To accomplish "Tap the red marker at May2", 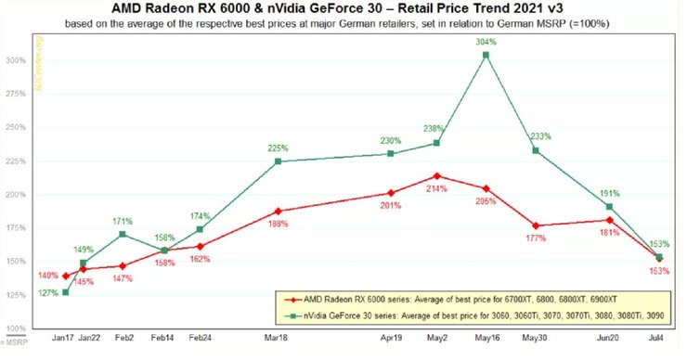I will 437,175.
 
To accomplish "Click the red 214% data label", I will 437,188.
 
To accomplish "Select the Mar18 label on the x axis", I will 279,341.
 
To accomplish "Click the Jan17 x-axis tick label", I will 65,341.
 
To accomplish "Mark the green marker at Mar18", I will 279,161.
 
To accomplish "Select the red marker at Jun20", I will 609,220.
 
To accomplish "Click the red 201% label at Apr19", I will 390,206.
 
